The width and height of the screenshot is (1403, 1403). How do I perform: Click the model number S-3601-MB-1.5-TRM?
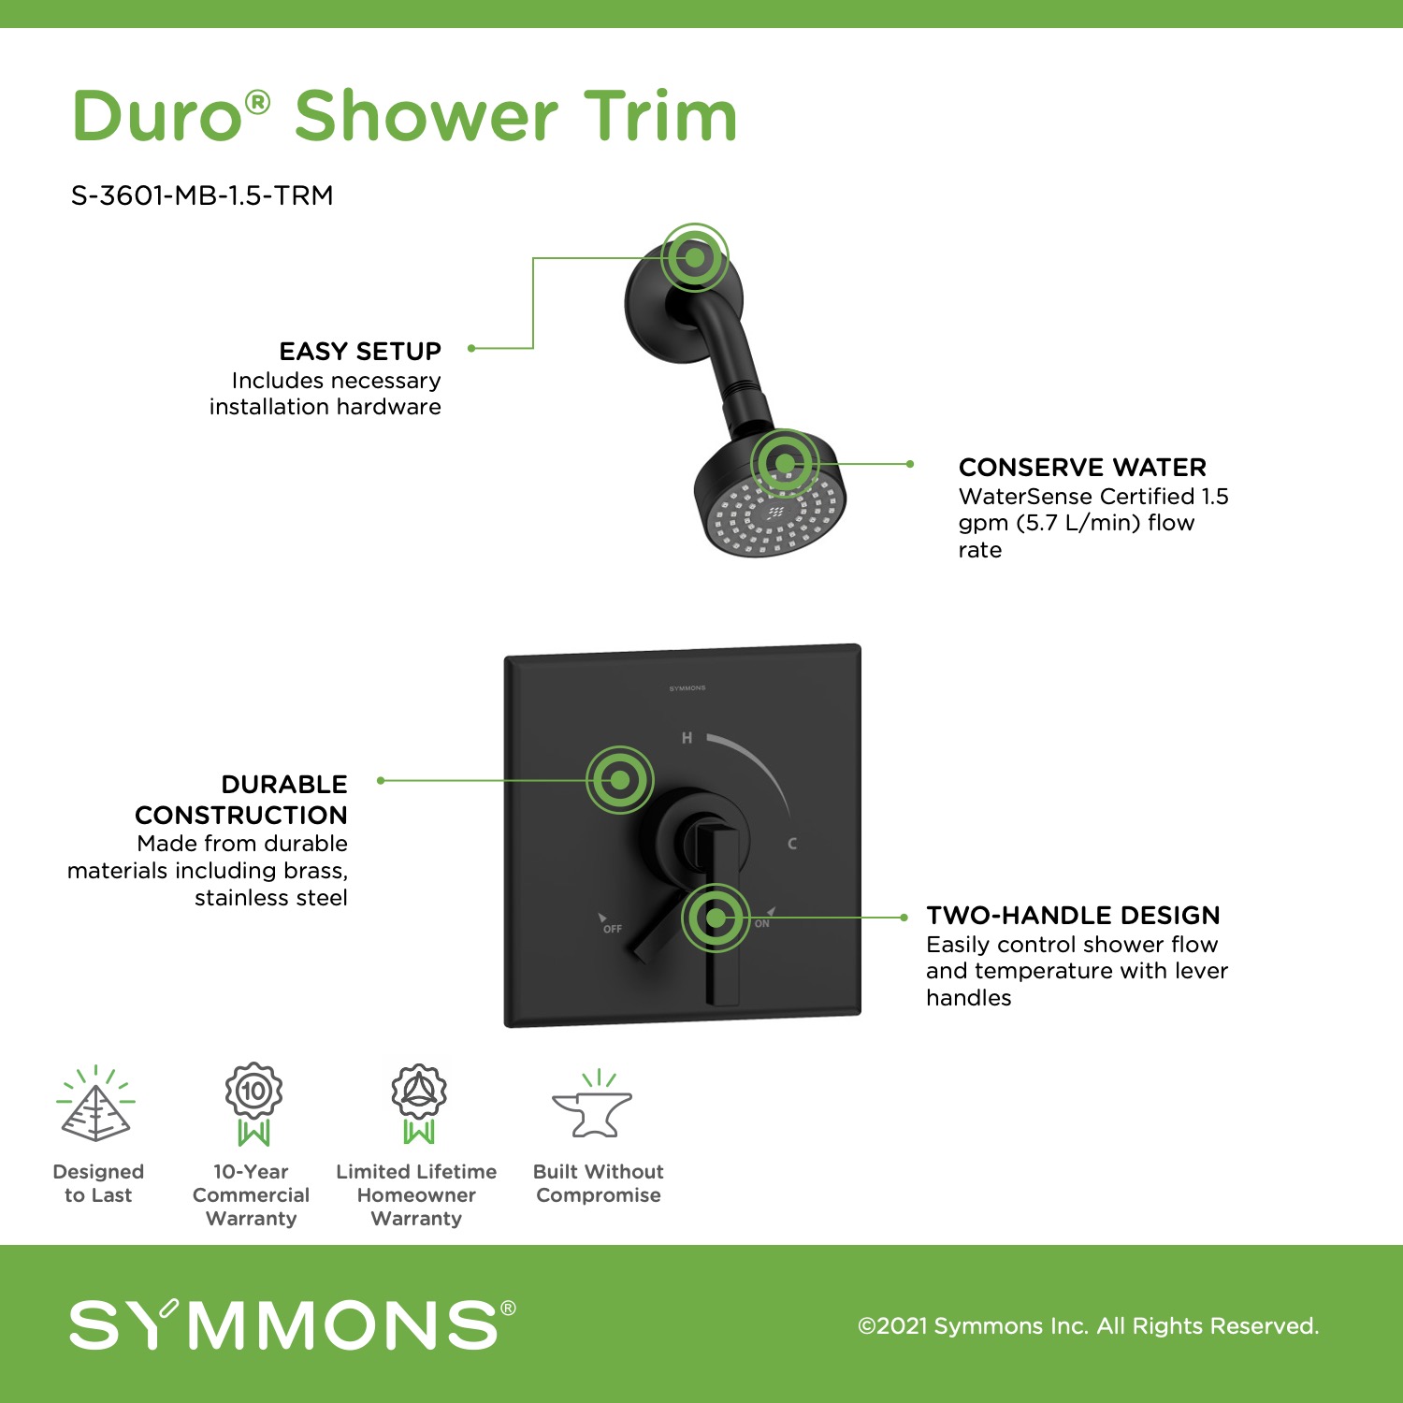point(202,195)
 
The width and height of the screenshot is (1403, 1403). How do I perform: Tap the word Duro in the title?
point(158,117)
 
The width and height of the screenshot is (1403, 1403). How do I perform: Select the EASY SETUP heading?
point(360,351)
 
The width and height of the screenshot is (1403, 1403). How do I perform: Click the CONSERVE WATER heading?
point(1082,467)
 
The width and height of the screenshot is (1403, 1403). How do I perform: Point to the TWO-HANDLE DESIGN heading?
point(1073,915)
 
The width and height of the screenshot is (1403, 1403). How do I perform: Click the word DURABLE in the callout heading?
point(284,784)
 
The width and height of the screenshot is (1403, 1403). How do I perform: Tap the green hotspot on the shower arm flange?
point(695,257)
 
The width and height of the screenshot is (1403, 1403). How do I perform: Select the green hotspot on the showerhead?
point(785,463)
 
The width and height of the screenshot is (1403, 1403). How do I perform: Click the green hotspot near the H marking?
point(620,779)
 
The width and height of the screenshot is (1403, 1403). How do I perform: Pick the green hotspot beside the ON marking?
point(716,918)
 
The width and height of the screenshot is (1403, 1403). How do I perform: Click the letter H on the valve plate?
point(687,738)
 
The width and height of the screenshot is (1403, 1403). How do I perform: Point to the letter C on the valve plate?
point(792,844)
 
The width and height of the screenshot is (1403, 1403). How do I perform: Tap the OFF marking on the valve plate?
point(613,929)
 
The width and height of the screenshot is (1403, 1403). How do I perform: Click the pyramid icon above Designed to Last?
point(95,1105)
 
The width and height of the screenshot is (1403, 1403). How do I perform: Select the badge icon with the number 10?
point(253,1104)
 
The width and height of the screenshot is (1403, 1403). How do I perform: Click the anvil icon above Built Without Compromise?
point(592,1105)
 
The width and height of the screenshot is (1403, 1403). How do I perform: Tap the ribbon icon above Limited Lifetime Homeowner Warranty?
point(419,1104)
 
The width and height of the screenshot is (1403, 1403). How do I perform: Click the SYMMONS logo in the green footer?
point(293,1323)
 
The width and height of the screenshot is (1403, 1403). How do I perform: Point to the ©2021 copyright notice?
point(1089,1325)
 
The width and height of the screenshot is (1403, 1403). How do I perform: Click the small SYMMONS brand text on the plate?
point(687,688)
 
